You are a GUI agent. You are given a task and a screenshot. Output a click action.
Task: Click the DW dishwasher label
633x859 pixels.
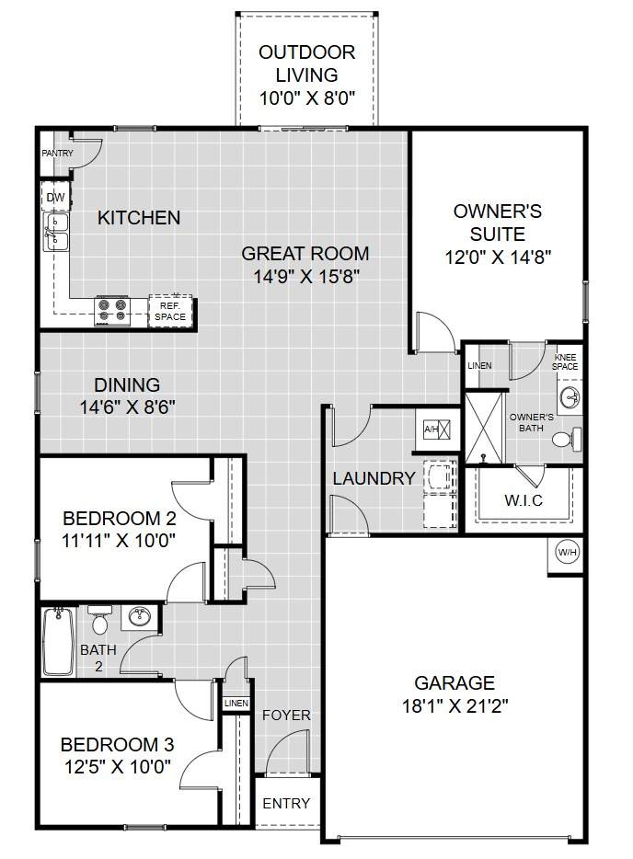[x=55, y=198]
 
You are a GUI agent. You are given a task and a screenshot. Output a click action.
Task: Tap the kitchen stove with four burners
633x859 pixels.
[x=112, y=311]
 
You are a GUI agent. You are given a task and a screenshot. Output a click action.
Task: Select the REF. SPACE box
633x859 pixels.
[x=170, y=311]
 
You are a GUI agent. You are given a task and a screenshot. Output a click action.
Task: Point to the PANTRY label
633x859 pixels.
[x=58, y=154]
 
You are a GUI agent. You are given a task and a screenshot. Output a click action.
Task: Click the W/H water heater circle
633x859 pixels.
[x=568, y=552]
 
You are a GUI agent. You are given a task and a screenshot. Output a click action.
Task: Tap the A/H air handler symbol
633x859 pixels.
[x=438, y=429]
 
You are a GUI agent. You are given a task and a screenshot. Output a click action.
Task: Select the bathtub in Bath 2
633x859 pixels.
[x=59, y=641]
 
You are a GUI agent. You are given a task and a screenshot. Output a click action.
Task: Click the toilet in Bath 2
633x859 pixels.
[x=99, y=619]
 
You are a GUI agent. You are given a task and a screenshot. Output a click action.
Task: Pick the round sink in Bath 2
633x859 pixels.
[x=140, y=616]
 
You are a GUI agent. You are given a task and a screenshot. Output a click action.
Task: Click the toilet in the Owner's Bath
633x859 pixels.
[x=567, y=440]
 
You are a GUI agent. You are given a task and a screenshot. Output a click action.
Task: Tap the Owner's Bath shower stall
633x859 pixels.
[x=484, y=427]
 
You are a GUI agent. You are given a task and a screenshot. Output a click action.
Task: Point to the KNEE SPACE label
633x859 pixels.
[x=565, y=361]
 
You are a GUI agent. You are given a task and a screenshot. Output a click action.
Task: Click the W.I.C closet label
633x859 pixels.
[x=524, y=499]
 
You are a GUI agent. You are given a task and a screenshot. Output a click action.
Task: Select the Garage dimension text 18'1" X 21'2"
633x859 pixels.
[x=455, y=705]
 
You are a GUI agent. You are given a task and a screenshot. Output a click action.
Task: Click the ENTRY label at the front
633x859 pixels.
[x=286, y=803]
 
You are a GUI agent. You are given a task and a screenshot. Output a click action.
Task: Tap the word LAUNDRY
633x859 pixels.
[x=374, y=478]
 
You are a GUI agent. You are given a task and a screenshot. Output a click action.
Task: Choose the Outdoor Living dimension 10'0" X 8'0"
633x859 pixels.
[x=307, y=98]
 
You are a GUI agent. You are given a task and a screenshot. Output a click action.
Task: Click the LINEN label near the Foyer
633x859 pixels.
[x=236, y=703]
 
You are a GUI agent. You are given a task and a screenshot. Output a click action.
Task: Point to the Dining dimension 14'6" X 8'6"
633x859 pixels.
[x=128, y=407]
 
